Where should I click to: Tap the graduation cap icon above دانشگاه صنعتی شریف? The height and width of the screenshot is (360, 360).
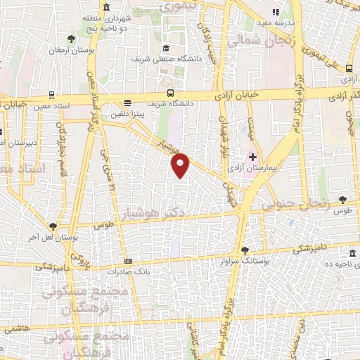click(x=165, y=49)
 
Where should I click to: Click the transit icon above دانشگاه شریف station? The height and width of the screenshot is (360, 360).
click(x=170, y=93)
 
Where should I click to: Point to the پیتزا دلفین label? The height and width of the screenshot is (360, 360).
click(x=127, y=112)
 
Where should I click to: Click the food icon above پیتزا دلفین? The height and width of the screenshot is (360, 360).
click(x=127, y=102)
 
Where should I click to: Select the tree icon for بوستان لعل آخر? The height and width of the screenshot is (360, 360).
click(x=53, y=226)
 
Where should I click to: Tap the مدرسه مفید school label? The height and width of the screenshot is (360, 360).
click(x=282, y=22)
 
